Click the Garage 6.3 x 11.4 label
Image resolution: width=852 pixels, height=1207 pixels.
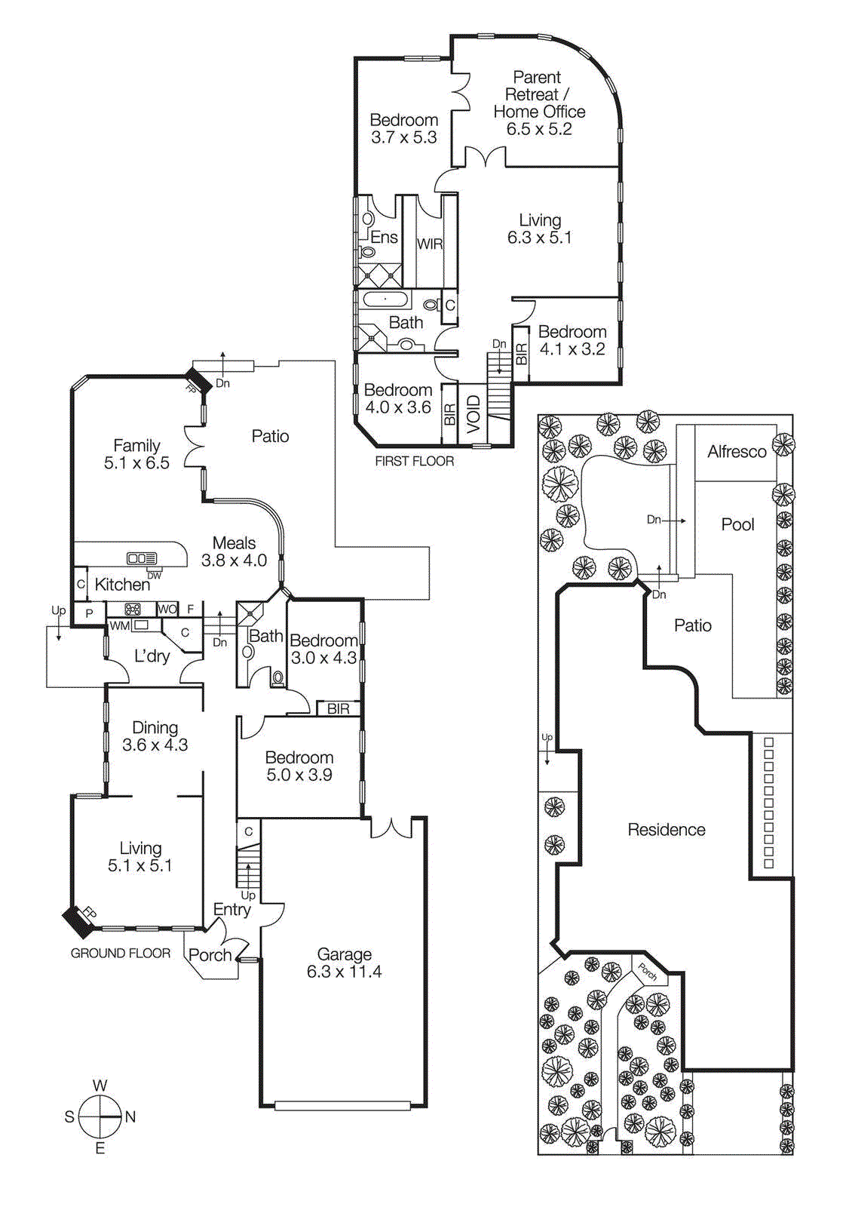click(344, 963)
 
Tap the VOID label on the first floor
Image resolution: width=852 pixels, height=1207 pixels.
click(474, 415)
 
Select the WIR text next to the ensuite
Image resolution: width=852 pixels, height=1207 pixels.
click(430, 244)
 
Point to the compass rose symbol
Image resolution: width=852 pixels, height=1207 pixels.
click(100, 1116)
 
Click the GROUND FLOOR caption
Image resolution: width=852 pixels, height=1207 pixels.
click(121, 953)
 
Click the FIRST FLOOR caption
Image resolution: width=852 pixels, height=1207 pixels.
click(414, 461)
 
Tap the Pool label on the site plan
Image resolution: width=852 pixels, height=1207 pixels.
click(737, 524)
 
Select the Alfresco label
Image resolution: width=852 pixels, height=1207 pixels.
click(737, 452)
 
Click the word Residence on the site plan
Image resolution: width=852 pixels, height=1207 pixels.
click(667, 830)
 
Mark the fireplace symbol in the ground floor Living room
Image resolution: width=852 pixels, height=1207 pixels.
click(78, 918)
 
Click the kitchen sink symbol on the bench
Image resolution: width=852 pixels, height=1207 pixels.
click(142, 558)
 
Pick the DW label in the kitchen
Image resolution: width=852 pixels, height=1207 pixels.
click(154, 576)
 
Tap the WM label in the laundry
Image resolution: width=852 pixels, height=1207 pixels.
click(119, 625)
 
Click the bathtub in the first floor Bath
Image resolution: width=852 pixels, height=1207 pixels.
click(386, 300)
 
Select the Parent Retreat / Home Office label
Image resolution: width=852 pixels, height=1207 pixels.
click(538, 103)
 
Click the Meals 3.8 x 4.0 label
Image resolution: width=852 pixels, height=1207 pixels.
click(234, 551)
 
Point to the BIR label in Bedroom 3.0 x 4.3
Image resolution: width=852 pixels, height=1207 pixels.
click(338, 708)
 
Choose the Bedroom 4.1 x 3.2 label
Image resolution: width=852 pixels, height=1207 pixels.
click(572, 340)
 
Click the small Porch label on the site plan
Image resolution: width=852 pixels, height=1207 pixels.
click(647, 972)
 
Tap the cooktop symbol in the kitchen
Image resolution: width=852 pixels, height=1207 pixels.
click(133, 609)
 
